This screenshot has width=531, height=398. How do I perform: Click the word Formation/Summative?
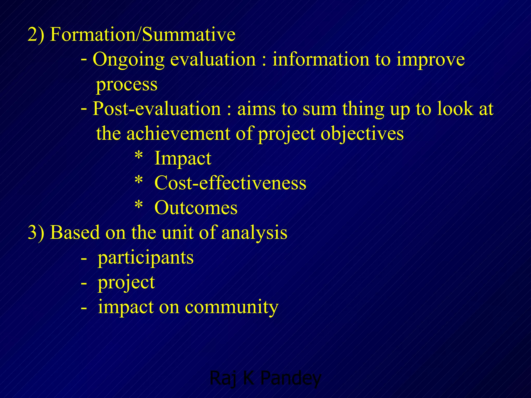[143, 34]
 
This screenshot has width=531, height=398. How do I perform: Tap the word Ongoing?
[129, 60]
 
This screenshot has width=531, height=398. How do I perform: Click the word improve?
[431, 60]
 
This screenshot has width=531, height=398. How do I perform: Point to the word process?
[127, 84]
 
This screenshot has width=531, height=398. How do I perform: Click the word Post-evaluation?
[157, 109]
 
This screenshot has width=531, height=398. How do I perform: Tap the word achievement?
[178, 134]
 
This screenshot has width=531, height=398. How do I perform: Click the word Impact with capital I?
[183, 159]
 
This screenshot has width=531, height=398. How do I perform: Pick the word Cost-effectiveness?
[230, 183]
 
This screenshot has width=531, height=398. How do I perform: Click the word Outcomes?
[196, 208]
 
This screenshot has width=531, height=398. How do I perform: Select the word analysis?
[254, 232]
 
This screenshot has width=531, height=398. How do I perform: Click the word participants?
[145, 258]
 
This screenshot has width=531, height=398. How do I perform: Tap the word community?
[232, 307]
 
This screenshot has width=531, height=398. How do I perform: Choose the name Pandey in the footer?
[291, 378]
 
